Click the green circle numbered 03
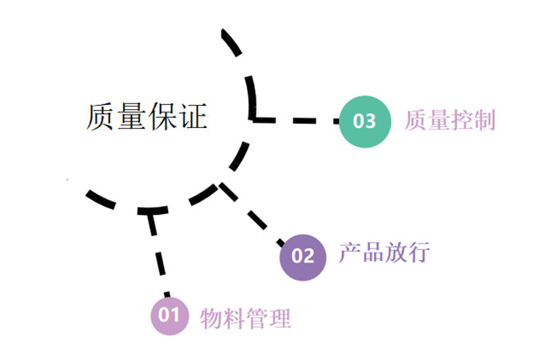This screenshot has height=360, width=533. (364, 121)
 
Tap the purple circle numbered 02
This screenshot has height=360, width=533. (303, 255)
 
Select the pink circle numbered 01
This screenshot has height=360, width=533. (169, 315)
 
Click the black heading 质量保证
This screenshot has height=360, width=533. (146, 117)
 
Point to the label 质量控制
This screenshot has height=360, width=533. (449, 121)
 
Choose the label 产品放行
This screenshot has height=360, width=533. (384, 253)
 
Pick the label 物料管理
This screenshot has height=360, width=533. (245, 317)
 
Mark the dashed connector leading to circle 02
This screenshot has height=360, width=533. (253, 216)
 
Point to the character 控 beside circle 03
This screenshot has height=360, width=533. (462, 121)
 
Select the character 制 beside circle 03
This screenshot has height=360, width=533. (484, 121)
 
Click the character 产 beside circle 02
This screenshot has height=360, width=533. (350, 253)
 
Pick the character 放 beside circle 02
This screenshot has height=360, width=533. (395, 253)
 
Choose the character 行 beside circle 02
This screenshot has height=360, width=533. (418, 253)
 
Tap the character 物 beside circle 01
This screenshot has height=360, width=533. (212, 317)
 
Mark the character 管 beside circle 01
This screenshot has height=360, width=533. (257, 317)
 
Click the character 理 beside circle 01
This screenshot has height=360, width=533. (280, 317)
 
